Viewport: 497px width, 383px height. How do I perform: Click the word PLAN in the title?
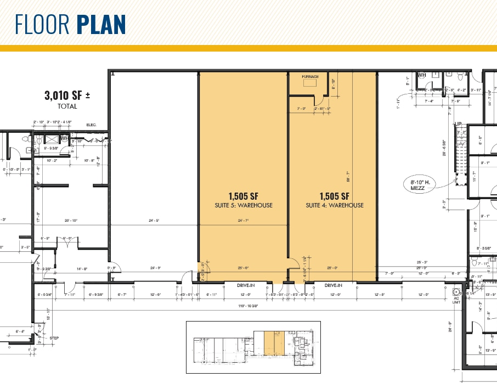click(x=101, y=24)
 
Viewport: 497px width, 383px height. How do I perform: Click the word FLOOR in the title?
click(x=43, y=24)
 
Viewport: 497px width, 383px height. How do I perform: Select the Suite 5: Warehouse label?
click(x=242, y=205)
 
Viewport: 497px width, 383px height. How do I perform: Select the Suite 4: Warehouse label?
click(x=335, y=205)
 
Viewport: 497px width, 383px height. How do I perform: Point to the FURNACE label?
click(x=310, y=77)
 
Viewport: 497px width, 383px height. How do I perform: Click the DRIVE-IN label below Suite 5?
click(x=247, y=285)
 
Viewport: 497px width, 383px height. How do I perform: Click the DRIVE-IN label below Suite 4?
click(x=334, y=285)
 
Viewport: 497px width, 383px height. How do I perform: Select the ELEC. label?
click(x=91, y=125)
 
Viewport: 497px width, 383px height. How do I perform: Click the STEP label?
click(x=54, y=339)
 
